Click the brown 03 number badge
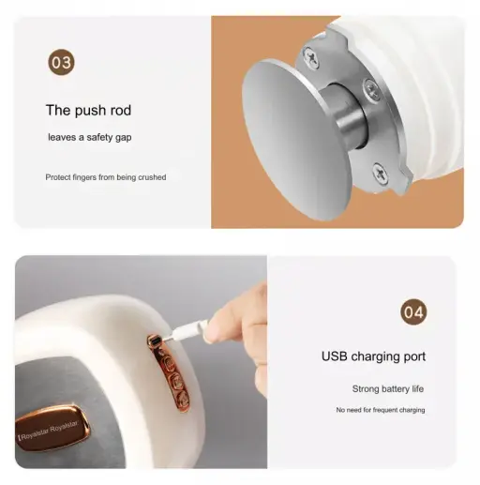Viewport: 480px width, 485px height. [x=61, y=62]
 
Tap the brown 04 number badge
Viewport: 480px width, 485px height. [x=413, y=311]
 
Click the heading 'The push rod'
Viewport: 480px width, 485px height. [x=88, y=111]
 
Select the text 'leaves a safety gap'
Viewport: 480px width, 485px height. [x=90, y=137]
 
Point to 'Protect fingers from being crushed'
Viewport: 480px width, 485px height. [x=106, y=177]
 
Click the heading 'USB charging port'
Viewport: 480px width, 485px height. [x=373, y=356]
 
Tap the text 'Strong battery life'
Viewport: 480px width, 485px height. [x=388, y=388]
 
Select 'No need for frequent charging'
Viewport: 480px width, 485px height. [x=381, y=410]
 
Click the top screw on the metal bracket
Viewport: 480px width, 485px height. [x=312, y=57]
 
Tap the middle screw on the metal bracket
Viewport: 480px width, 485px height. [x=372, y=89]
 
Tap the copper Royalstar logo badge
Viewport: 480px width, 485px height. [x=52, y=429]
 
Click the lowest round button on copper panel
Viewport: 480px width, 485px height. [x=183, y=398]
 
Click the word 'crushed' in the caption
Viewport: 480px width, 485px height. [x=152, y=177]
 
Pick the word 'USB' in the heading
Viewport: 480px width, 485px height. [x=334, y=356]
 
